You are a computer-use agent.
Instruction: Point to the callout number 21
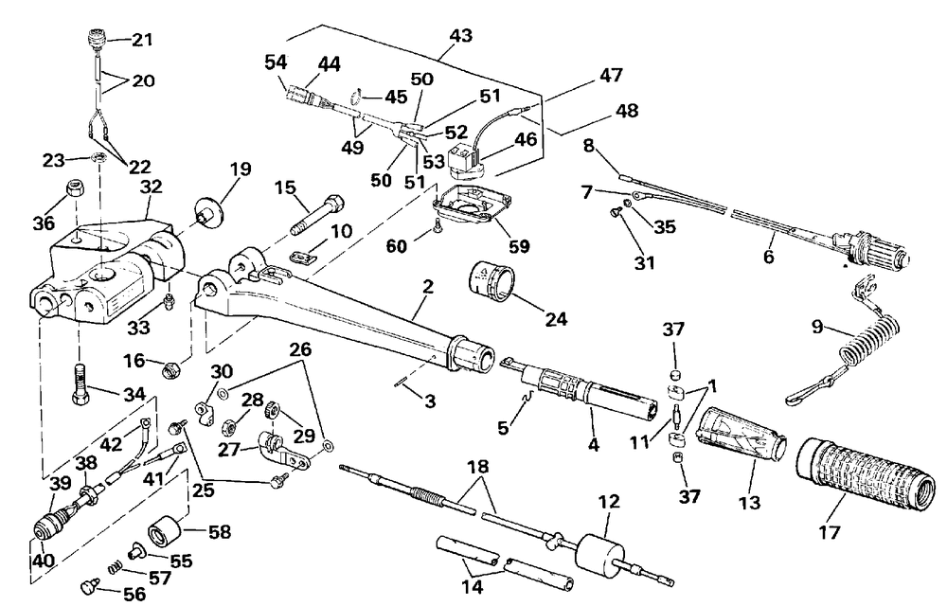pos(141,40)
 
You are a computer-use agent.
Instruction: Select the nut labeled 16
pos(172,365)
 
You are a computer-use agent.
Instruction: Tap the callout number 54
pos(276,62)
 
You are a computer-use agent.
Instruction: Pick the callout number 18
pos(478,467)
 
